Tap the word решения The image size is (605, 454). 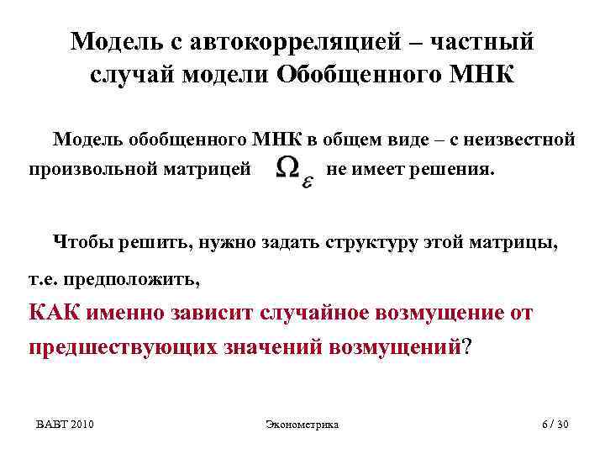pos(455,170)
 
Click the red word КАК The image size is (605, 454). pos(55,313)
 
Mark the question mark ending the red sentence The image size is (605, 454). pos(467,346)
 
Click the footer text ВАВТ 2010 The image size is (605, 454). pos(65,425)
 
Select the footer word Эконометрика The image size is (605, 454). pos(302,425)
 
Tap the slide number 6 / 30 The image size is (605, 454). pos(555,425)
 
